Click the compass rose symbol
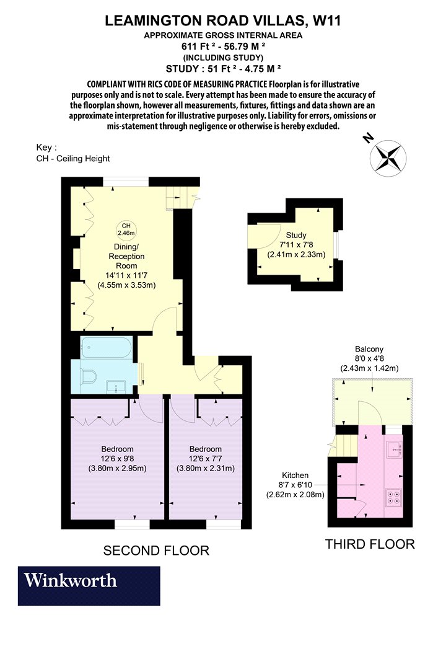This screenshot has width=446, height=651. (388, 157)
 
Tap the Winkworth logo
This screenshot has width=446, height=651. (89, 585)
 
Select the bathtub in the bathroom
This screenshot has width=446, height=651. (107, 347)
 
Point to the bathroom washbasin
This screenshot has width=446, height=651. (116, 387)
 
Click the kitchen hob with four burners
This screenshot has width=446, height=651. (394, 497)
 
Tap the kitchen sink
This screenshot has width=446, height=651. (393, 448)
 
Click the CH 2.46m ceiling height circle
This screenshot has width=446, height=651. (126, 229)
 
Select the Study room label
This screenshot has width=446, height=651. (296, 235)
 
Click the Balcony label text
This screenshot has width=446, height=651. (369, 349)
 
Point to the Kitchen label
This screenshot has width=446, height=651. (295, 476)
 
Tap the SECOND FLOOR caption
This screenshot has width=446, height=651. (156, 551)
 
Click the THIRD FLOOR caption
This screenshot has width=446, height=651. (370, 544)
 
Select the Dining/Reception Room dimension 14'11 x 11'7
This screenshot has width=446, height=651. (126, 275)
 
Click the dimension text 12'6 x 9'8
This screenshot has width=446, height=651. (118, 459)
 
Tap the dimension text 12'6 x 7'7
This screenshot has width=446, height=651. (206, 459)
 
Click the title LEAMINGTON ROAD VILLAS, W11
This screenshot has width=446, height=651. (223, 20)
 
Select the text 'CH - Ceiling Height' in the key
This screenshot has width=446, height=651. (73, 159)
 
